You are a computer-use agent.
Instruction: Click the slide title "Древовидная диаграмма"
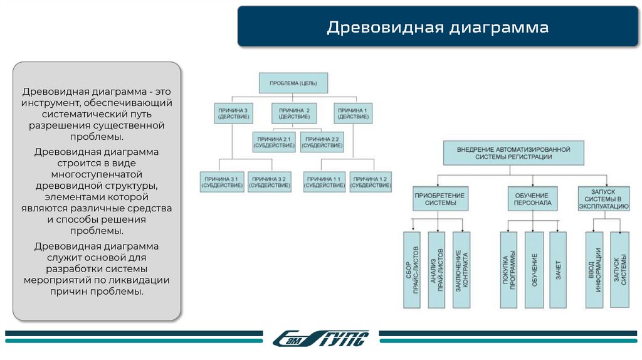(437, 28)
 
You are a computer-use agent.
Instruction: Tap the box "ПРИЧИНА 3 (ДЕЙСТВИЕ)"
(233, 114)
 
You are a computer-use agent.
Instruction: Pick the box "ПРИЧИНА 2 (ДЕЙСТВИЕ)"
(294, 114)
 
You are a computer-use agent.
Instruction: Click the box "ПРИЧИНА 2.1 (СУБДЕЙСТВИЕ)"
(274, 142)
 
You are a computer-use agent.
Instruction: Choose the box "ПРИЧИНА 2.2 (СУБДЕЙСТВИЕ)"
(322, 142)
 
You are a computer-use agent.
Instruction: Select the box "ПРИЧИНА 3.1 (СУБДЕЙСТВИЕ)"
(222, 182)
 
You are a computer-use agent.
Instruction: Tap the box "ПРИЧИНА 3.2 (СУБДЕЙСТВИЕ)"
(269, 182)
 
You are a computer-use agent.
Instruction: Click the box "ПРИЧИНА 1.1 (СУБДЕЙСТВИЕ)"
(324, 182)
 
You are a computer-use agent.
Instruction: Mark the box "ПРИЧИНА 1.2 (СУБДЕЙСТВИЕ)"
(371, 182)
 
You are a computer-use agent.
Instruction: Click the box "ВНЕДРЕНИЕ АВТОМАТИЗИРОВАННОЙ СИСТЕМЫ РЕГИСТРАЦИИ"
(513, 153)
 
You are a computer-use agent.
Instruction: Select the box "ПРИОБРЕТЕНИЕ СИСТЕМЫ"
(439, 199)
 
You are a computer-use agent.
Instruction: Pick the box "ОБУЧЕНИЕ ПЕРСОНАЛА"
(532, 199)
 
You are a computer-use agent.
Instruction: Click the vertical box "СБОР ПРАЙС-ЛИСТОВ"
(411, 270)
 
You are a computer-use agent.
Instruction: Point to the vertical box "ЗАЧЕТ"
(557, 270)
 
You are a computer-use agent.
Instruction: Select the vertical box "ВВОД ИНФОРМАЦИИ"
(595, 270)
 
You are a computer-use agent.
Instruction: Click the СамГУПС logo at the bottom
(320, 338)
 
